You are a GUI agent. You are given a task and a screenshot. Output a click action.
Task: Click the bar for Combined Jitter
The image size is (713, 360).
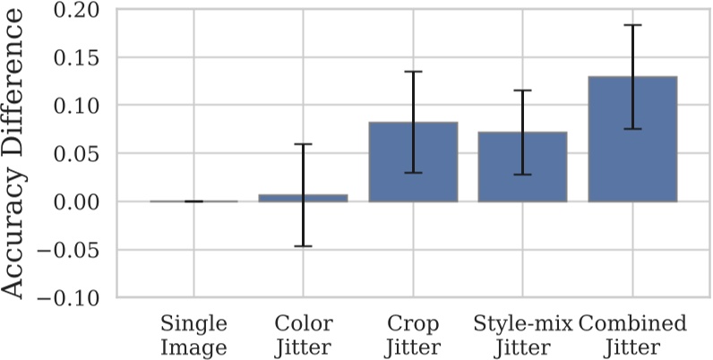(632, 139)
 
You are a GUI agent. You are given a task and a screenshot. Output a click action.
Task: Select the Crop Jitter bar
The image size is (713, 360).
(413, 161)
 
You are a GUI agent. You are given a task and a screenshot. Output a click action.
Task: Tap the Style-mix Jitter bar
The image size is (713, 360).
(522, 167)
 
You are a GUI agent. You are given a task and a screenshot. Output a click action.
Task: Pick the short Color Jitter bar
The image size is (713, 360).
(303, 198)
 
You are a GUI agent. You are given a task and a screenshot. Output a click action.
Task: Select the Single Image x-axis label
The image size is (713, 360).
(194, 334)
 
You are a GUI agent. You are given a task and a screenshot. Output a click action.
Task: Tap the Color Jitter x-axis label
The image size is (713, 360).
(304, 334)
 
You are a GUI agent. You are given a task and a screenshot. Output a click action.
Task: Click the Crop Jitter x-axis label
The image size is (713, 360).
(413, 334)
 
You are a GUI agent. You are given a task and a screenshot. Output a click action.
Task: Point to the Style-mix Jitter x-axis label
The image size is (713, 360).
(522, 334)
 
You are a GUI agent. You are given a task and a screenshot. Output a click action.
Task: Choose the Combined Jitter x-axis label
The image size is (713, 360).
(632, 334)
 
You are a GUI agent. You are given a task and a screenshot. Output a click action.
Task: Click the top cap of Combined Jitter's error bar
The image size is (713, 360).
(632, 25)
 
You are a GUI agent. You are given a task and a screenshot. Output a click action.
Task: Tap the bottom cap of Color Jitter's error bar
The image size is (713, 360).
(303, 245)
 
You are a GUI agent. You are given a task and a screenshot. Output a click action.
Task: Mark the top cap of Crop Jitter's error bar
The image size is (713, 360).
(413, 72)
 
